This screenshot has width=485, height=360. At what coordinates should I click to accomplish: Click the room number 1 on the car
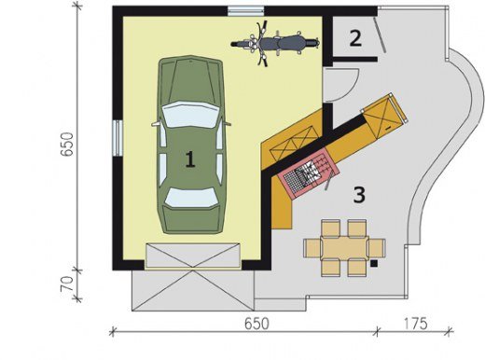(190, 159)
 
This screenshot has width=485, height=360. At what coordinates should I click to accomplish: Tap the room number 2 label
(355, 38)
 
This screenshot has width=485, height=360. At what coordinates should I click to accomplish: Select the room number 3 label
(359, 195)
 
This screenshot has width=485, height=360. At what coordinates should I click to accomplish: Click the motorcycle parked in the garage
(275, 43)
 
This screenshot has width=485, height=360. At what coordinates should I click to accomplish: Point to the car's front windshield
(190, 114)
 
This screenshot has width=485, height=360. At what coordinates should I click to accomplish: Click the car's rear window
(191, 198)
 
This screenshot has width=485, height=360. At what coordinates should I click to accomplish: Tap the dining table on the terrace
(344, 248)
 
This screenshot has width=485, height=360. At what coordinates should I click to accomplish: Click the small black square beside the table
(374, 264)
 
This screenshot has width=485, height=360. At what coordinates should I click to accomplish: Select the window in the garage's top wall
(245, 11)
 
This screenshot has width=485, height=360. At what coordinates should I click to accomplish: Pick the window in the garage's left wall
(118, 138)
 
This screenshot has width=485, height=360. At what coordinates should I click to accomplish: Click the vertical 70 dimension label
(67, 284)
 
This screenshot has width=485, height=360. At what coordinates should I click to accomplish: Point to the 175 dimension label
(416, 324)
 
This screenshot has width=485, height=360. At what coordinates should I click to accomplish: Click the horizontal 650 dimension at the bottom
(256, 324)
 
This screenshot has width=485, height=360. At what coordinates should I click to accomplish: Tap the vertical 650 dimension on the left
(66, 144)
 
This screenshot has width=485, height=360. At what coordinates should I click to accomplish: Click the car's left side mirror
(156, 124)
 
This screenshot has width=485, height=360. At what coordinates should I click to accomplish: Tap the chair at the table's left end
(312, 248)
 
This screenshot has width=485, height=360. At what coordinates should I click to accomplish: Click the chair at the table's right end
(377, 248)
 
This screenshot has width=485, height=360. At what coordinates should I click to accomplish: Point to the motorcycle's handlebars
(262, 43)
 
